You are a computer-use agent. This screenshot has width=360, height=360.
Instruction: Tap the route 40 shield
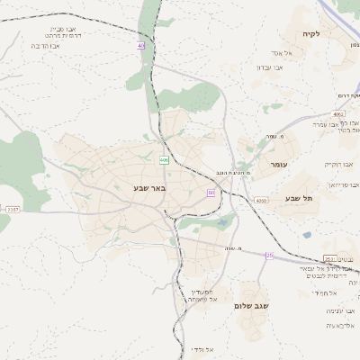pyautogui.click(x=141, y=45)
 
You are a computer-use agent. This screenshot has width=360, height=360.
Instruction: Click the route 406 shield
pyautogui.click(x=164, y=160)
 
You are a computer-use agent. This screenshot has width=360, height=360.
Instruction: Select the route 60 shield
pyautogui.click(x=211, y=193)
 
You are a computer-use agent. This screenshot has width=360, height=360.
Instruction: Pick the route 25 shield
pyautogui.click(x=269, y=256)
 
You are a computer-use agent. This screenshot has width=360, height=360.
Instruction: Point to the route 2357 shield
pyautogui.click(x=12, y=209)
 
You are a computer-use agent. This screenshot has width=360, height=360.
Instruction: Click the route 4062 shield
pyautogui.click(x=337, y=114)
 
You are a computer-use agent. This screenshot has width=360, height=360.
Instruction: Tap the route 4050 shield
pyautogui.click(x=261, y=200)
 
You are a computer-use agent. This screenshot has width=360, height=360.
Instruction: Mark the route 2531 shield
pyautogui.click(x=329, y=257)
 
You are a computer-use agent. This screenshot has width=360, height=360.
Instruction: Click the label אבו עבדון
pyautogui.click(x=269, y=67)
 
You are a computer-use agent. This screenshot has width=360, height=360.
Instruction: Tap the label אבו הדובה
pyautogui.click(x=45, y=45)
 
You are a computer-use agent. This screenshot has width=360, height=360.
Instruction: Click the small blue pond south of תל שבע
pyautogui.click(x=306, y=235)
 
